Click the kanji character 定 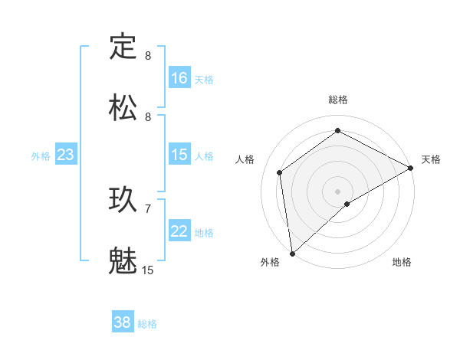point(123,47)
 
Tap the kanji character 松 point(123,108)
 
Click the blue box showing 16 point(179,78)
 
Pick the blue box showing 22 point(179,232)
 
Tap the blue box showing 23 point(66,155)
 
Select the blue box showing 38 point(123,323)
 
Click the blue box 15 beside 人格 point(179,155)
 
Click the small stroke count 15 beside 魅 point(148,270)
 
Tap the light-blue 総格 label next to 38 point(148,324)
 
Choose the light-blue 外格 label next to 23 point(41,156)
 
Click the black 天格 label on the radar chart point(431,159)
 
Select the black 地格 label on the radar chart point(402,263)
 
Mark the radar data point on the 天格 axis point(410,169)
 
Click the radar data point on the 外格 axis point(292,253)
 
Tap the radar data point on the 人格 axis point(280,172)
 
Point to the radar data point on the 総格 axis point(337,130)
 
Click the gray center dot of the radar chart point(337,191)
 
